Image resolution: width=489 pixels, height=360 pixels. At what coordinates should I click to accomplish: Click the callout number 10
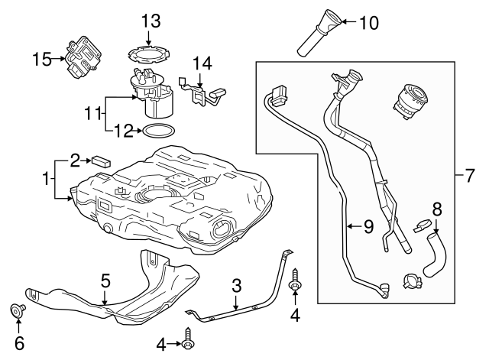368,23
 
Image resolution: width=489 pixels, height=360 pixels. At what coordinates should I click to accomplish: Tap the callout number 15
43,57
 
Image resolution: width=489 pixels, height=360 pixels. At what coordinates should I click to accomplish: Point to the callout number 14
201,63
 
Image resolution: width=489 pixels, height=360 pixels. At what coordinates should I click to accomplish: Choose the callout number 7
470,177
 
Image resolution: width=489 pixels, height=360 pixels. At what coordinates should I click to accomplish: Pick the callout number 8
437,208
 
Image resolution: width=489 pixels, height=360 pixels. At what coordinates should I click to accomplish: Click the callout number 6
20,343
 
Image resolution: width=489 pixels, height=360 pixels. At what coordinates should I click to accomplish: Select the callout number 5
106,281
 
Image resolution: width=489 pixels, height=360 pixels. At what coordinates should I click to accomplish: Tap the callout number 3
237,286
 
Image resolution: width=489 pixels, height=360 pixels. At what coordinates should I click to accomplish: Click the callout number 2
75,160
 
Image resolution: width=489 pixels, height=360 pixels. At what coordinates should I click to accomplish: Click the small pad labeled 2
101,161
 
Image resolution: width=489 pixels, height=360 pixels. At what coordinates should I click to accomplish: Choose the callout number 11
92,112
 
